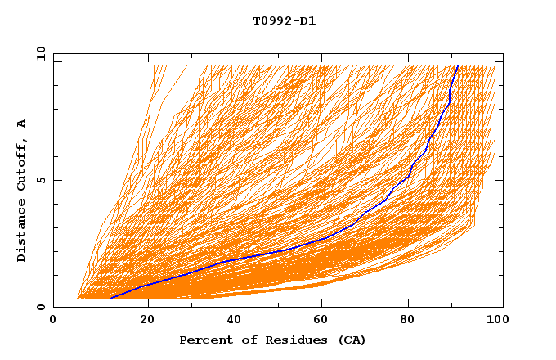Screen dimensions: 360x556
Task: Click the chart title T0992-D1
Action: [285, 20]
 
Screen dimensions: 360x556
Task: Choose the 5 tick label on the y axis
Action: [40, 181]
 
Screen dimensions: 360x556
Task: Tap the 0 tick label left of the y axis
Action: [40, 308]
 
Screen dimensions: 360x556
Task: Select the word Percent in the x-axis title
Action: [204, 340]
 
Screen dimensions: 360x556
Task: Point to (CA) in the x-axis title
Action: [349, 340]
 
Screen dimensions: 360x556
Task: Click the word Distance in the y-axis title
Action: [22, 232]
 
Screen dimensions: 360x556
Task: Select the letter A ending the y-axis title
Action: [22, 124]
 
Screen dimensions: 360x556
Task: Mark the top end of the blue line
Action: [458, 66]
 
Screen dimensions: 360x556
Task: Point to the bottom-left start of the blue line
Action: [110, 298]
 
